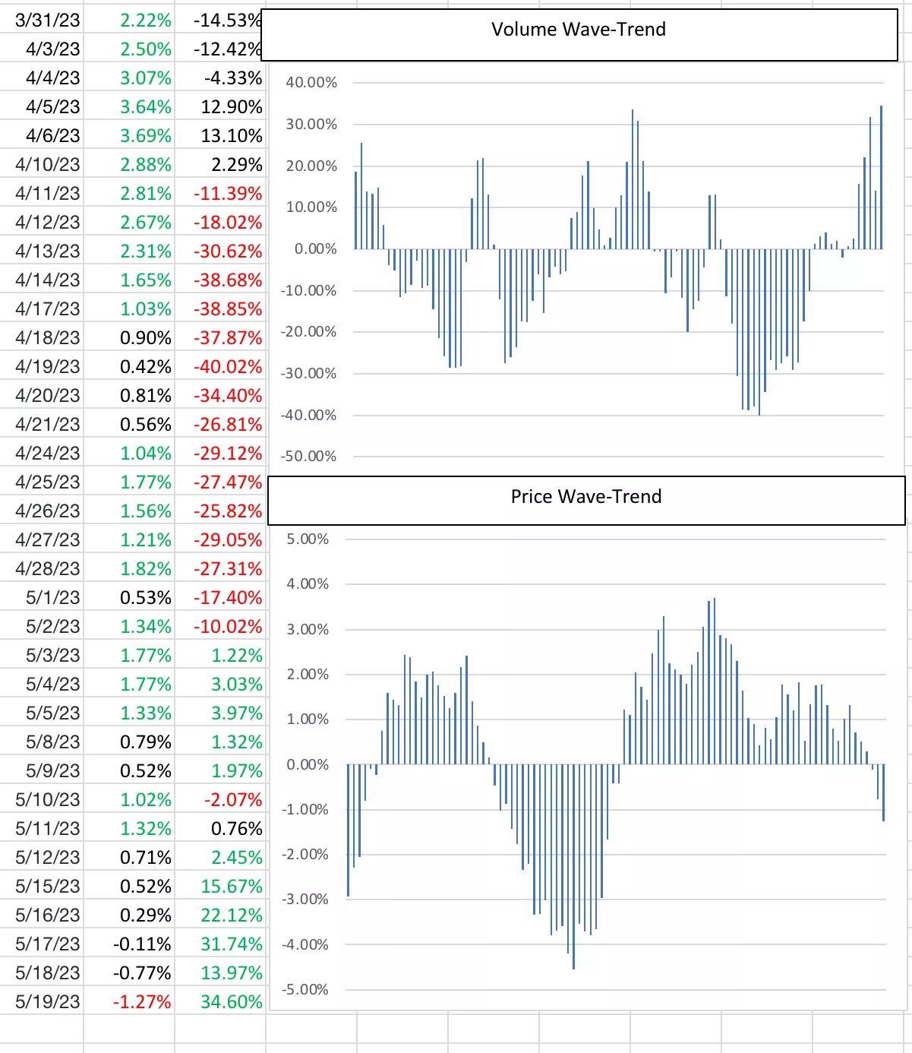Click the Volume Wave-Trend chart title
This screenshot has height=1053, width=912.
579,30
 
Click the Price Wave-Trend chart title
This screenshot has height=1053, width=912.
586,497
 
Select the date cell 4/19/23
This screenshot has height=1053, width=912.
47,367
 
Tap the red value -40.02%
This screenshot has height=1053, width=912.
228,367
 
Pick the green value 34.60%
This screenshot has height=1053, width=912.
232,1002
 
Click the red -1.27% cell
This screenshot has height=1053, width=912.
143,1002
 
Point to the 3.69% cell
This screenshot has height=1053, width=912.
146,136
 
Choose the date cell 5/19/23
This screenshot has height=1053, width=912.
47,1002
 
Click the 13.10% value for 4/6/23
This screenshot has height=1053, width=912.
232,136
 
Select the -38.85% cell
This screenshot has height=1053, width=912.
228,309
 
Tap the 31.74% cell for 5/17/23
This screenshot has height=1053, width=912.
232,944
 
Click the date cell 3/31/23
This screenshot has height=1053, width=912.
47,21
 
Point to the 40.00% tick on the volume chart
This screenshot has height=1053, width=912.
311,83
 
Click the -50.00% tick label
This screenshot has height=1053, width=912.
309,457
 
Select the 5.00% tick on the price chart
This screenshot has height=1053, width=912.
308,539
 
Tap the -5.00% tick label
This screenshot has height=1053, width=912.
305,990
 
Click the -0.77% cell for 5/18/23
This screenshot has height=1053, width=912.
143,973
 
